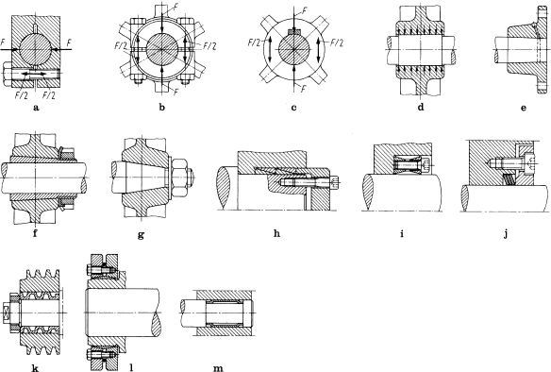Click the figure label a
point(35,110)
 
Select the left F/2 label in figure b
point(119,45)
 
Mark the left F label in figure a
point(6,42)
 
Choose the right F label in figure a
point(71,42)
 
